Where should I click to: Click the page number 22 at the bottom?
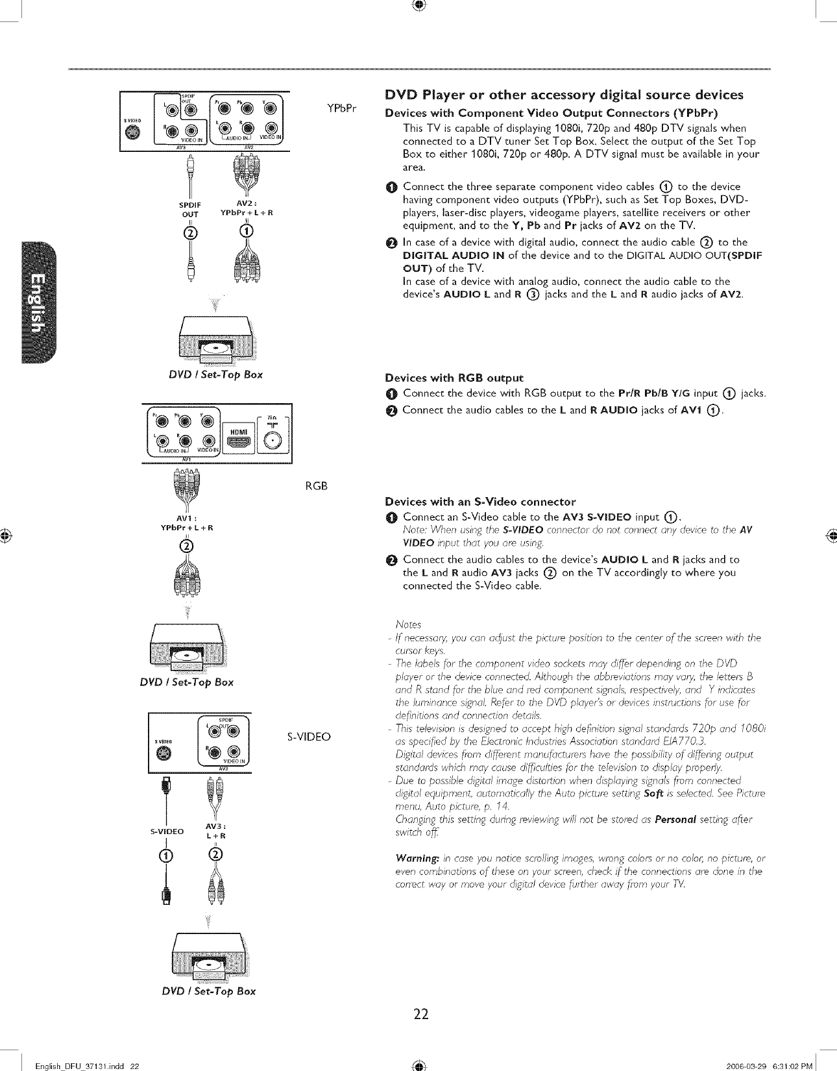click(420, 1013)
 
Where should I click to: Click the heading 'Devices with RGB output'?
click(454, 378)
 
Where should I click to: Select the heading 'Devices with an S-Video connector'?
click(479, 502)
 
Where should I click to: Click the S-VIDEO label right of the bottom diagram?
click(309, 737)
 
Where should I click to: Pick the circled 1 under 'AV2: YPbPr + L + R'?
click(247, 231)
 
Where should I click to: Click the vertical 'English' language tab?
click(39, 302)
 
